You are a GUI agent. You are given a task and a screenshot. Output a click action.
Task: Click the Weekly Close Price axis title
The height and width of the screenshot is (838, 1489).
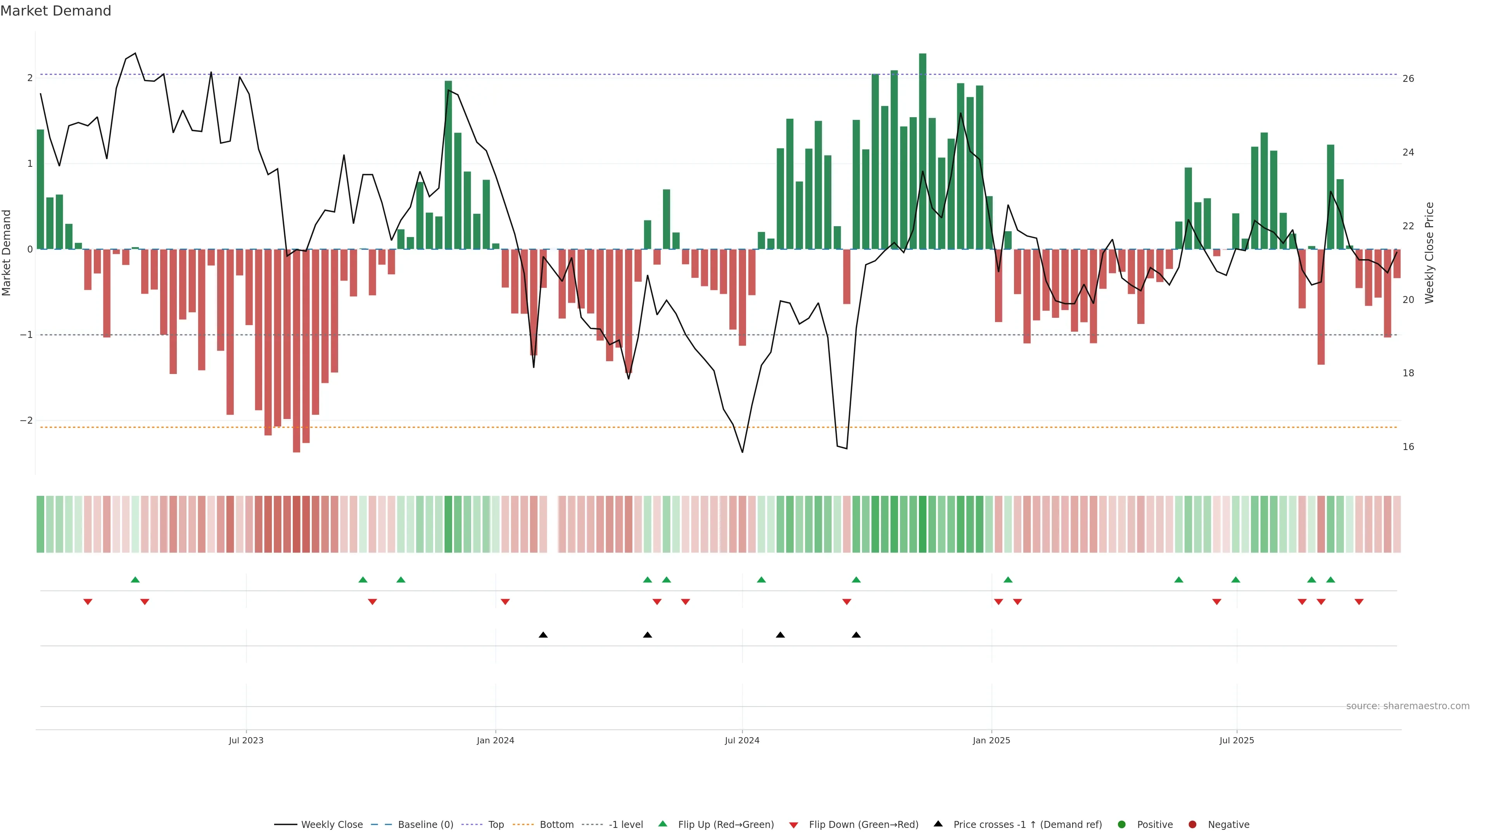coord(1429,253)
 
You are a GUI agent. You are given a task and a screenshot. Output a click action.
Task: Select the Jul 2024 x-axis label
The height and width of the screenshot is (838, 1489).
coord(742,740)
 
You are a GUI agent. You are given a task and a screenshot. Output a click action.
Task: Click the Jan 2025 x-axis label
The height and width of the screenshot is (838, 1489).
coord(992,740)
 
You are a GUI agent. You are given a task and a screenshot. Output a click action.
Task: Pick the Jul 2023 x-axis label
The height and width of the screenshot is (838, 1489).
coord(246,740)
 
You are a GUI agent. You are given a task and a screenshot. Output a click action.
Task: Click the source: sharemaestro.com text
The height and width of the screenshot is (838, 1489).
coord(1408,706)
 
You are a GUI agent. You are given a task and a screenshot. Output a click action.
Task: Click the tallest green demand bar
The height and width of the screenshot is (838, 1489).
coord(922,151)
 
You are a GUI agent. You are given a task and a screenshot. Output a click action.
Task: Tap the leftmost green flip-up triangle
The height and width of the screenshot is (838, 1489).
coord(135,580)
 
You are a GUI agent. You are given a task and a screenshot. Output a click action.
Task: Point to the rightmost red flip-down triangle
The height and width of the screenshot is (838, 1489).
coord(1359,602)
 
